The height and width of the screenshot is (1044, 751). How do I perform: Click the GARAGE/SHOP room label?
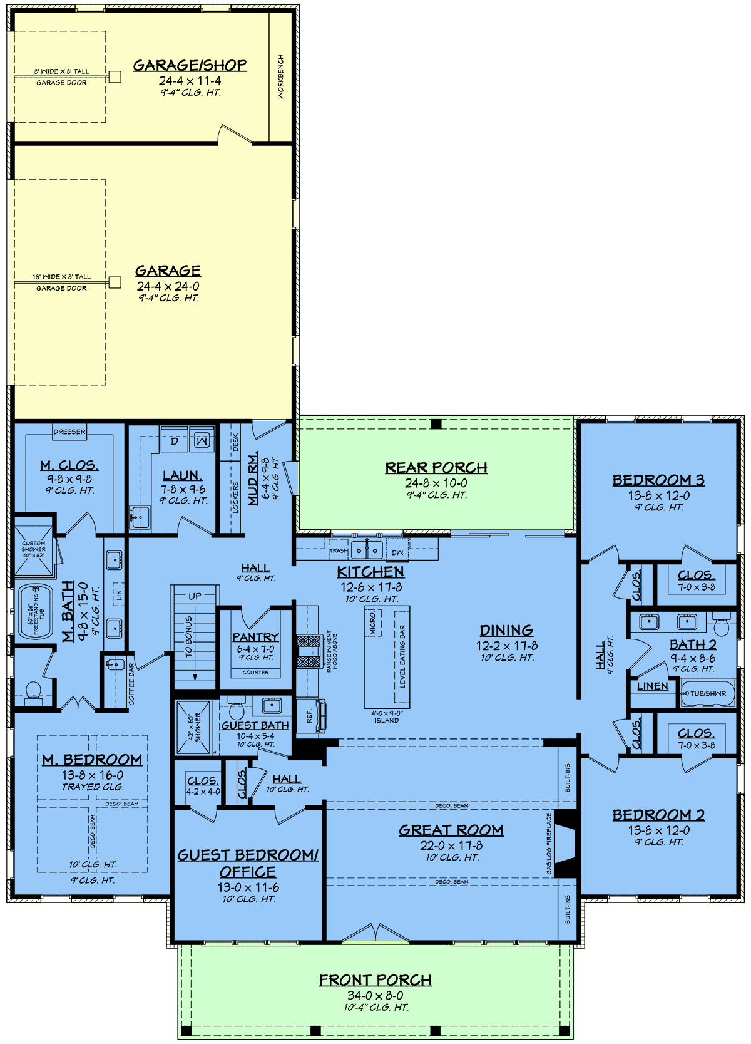coord(190,65)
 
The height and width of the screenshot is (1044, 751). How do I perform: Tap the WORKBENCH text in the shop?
coord(280,76)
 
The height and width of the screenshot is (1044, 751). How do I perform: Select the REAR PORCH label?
coord(436,468)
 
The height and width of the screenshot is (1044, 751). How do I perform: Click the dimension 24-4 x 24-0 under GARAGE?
coord(168,286)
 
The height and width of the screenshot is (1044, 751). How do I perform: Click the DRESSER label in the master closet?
coord(69,432)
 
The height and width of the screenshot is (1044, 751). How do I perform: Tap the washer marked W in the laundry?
coord(202,441)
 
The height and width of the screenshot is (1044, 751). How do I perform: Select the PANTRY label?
coord(255,637)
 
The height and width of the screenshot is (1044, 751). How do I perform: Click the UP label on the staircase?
coord(195,596)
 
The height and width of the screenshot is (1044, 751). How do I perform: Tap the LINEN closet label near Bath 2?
coord(652,686)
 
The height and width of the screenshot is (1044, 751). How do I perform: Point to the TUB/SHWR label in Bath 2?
coord(708,693)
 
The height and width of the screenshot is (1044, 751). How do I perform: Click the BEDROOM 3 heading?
coord(658,480)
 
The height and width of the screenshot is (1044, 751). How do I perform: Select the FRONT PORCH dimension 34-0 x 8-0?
coord(375,995)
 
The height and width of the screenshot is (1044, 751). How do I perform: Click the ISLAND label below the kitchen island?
coord(387,720)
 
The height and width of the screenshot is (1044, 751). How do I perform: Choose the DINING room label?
coord(506,631)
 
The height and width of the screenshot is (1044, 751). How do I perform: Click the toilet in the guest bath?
coord(236,711)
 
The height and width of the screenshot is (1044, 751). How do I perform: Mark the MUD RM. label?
coord(253,479)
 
